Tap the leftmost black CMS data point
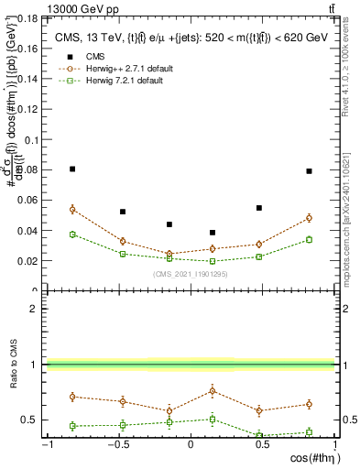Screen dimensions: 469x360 [x=72, y=169]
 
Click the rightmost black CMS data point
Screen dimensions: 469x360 [x=310, y=171]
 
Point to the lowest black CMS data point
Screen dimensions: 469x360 [x=213, y=233]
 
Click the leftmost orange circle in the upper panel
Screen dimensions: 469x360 [x=72, y=209]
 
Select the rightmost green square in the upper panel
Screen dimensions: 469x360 [x=310, y=240]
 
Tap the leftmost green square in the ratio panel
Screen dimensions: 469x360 [x=72, y=426]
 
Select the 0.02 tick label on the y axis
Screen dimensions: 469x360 [x=30, y=261]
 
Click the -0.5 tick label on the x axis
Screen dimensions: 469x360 [x=117, y=445]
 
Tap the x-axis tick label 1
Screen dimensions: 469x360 [x=332, y=445]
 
